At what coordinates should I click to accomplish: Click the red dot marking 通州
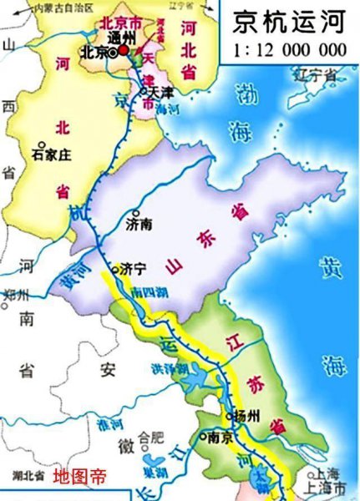(x=124, y=50)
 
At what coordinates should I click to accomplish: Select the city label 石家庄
(x=53, y=154)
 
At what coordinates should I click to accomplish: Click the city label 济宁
(x=133, y=269)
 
